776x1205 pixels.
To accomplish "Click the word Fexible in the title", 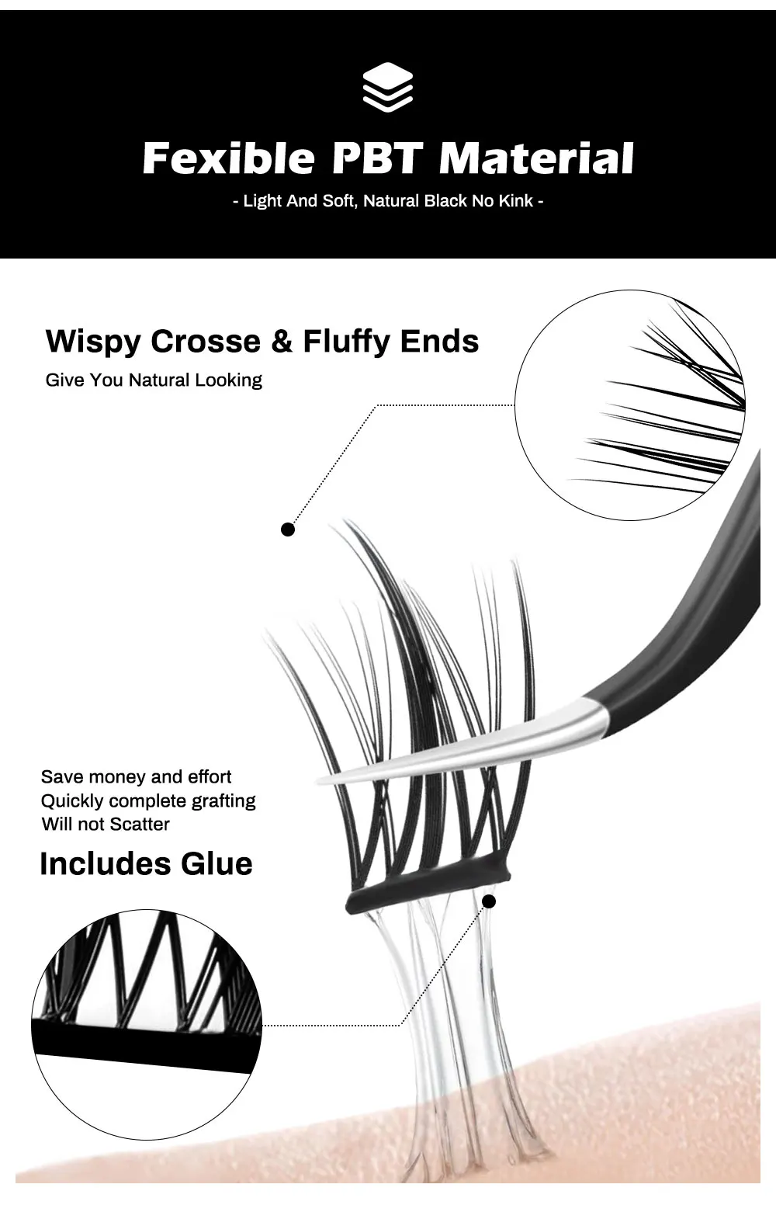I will point(229,158).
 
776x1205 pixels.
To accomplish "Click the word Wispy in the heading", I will point(93,342).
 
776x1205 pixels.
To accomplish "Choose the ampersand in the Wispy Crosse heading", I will point(281,342).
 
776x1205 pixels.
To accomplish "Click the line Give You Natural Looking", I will point(154,380).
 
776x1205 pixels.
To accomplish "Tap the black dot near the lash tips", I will point(288,530).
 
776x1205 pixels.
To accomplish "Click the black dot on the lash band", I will point(489,901).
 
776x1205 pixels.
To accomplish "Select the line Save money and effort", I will point(136,777).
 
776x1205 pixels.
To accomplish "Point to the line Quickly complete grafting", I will point(148,800).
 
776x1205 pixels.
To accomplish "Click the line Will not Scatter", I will point(106,824).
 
